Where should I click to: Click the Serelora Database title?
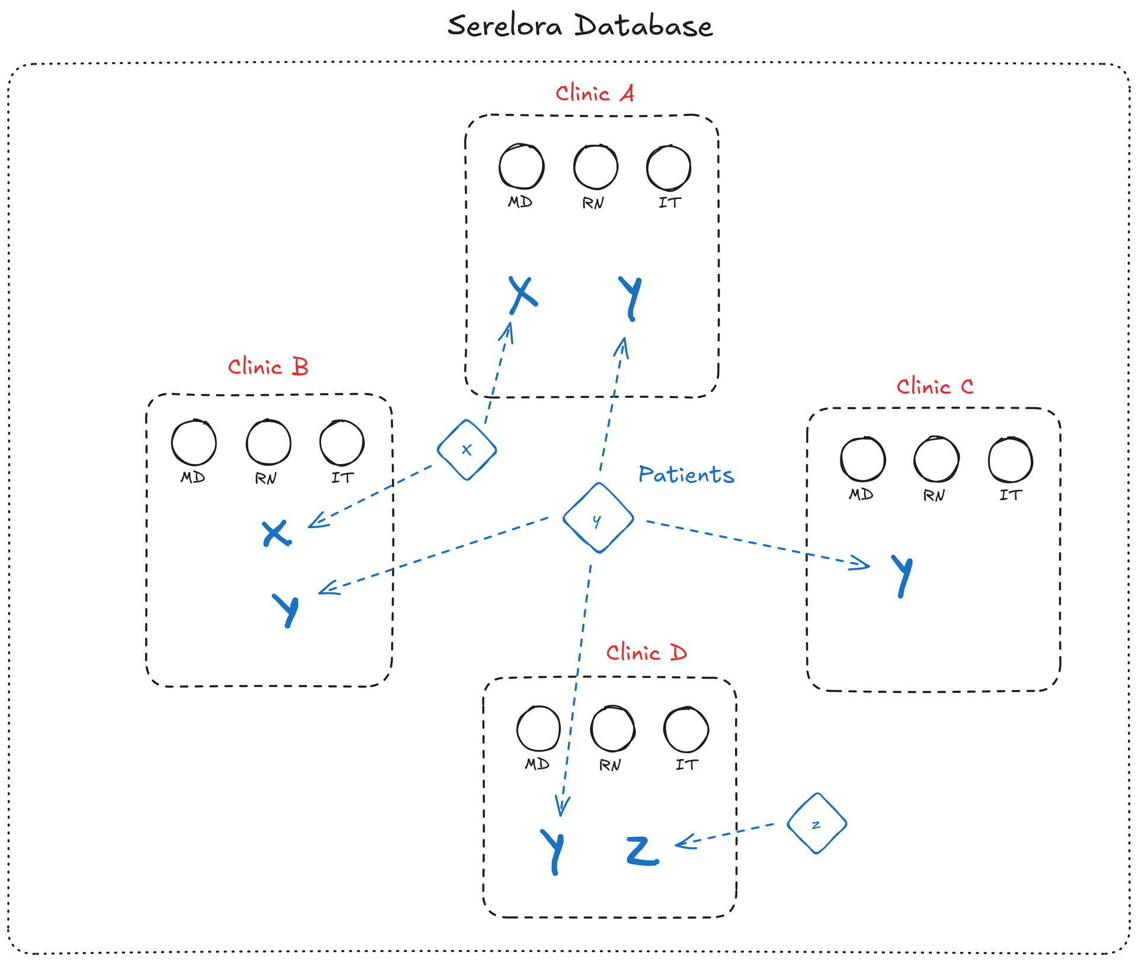580,27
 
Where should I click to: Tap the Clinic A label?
594,94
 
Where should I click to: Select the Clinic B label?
268,367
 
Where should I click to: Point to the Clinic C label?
935,387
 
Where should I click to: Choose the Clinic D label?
646,653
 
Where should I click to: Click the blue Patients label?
686,475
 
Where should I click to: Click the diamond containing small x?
467,450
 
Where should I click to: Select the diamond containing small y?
598,518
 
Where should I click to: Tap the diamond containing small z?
817,824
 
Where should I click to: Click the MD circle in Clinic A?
522,167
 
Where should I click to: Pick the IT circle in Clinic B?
342,443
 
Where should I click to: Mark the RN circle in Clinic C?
936,459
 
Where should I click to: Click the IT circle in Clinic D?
686,730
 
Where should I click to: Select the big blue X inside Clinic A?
523,295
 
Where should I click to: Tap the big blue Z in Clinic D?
642,852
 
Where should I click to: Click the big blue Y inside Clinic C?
902,576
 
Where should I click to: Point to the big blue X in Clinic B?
276,533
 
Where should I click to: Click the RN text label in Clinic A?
593,203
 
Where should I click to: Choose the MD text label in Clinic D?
537,765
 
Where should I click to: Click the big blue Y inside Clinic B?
286,609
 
